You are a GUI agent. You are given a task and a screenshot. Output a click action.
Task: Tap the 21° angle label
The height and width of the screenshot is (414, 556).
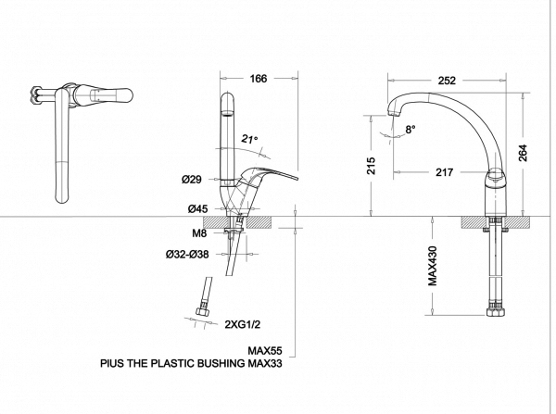click(249, 140)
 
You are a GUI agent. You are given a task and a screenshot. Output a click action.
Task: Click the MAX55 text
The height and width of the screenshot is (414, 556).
click(265, 352)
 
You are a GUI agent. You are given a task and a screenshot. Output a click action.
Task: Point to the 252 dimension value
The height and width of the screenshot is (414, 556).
click(448, 80)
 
